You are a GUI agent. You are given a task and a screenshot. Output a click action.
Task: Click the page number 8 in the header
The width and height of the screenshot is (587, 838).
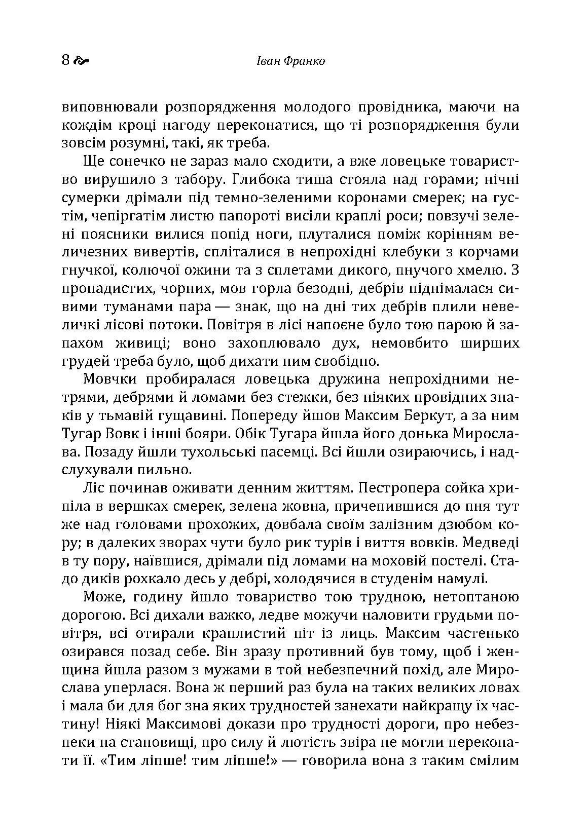tap(65, 61)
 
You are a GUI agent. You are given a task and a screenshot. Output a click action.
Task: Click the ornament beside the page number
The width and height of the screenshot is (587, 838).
tap(82, 62)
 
